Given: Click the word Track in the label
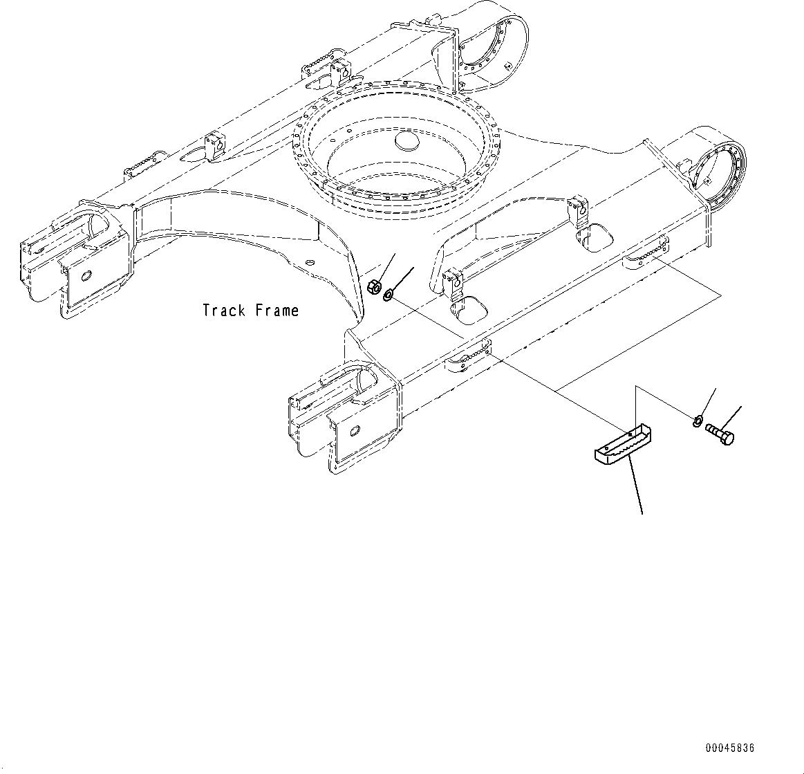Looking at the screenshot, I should click(x=224, y=311).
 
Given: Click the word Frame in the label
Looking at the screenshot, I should click(x=277, y=311).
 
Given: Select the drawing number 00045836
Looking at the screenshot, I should click(x=730, y=748).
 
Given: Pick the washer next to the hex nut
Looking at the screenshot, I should click(x=388, y=295).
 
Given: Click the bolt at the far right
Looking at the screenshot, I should click(x=720, y=434).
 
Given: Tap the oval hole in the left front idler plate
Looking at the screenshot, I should click(x=87, y=276).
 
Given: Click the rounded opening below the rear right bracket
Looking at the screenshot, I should click(x=593, y=238).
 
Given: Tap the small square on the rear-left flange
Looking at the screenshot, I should click(x=507, y=66).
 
